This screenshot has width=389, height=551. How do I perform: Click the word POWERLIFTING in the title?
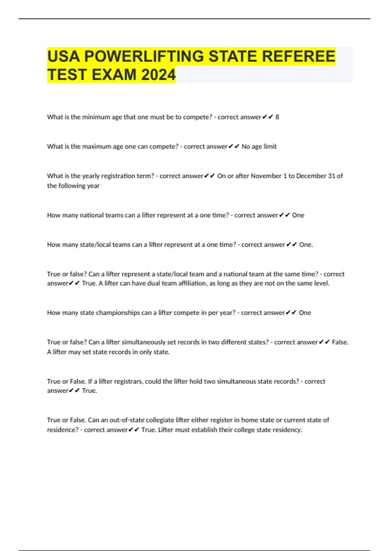point(144,56)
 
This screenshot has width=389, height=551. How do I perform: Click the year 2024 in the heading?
point(159,75)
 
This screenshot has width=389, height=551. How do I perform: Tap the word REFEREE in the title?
point(298,56)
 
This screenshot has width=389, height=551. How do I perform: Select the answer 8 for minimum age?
point(277,117)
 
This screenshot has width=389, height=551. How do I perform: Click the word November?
point(266,176)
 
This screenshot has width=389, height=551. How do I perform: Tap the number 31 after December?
point(331,176)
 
